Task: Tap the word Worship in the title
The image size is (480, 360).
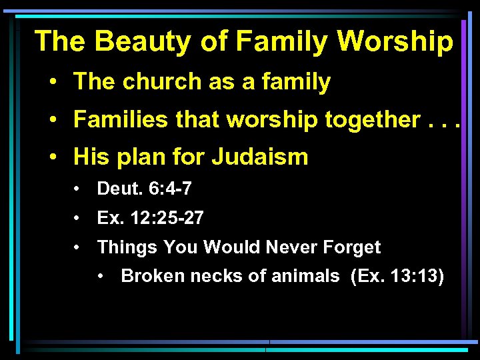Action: tap(395, 41)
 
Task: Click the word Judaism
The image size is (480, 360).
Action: tap(260, 157)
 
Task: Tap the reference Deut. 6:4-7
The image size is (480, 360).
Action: tap(145, 189)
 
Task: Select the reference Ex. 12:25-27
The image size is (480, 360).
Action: tap(151, 218)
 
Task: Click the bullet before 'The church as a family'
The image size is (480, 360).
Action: tap(52, 83)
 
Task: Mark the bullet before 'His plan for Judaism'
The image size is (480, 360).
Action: tap(52, 158)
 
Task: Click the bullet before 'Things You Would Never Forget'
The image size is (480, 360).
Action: tap(78, 248)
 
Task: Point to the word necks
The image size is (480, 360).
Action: tap(213, 276)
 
